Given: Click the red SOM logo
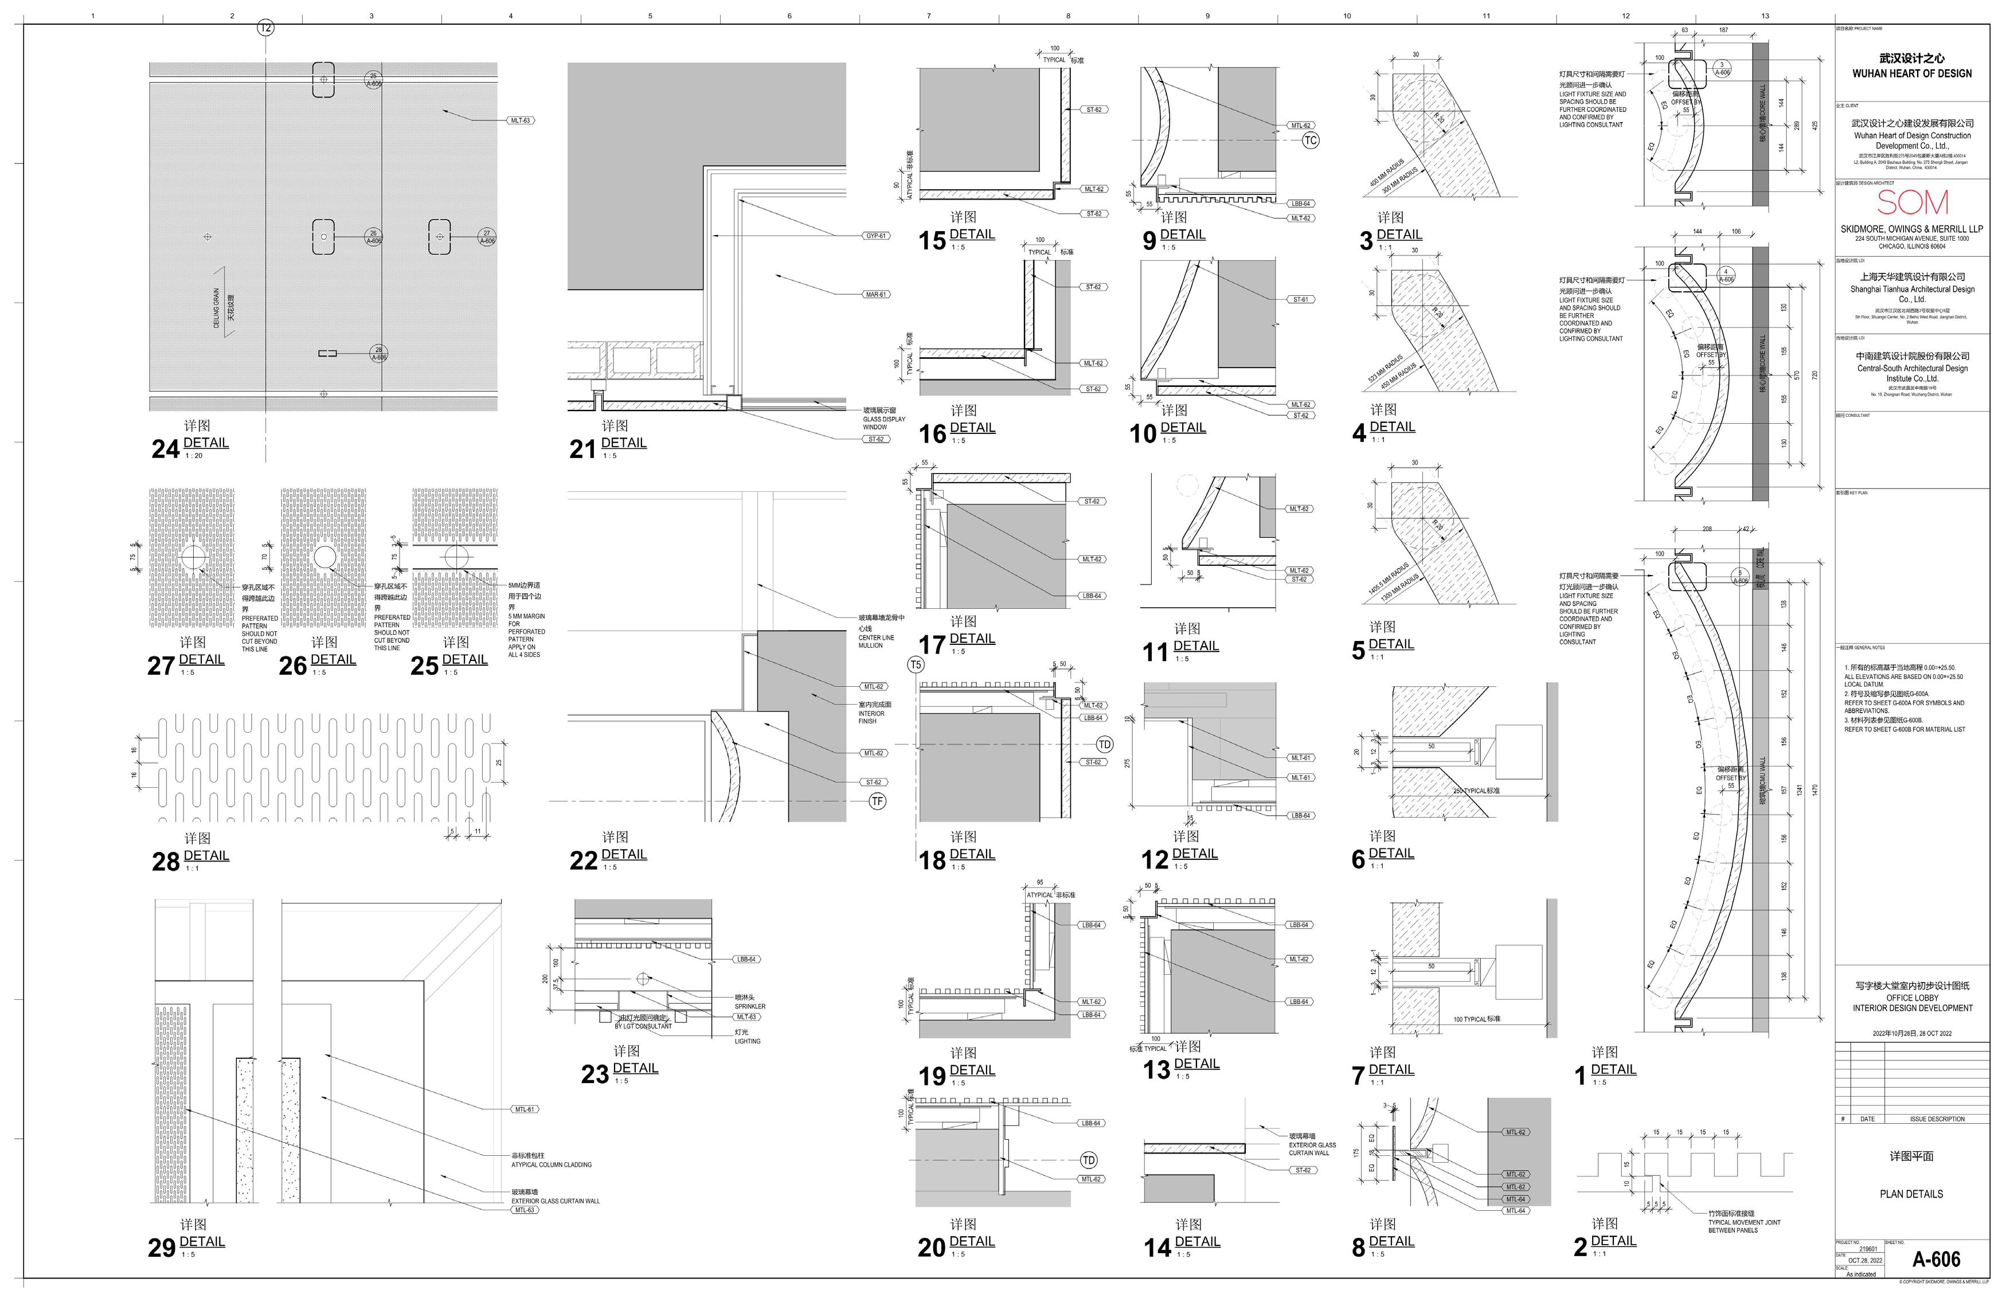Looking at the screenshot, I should [1912, 203].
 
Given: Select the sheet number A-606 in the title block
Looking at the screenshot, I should [1935, 1260].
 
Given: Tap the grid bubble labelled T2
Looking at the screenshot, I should [265, 28].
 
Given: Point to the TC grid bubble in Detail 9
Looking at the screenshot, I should [1309, 140].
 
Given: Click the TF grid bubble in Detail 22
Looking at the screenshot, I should [877, 801].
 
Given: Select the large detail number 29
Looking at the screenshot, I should [162, 1248].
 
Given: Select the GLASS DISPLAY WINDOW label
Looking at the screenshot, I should [883, 419].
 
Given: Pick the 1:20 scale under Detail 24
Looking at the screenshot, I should [194, 456].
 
